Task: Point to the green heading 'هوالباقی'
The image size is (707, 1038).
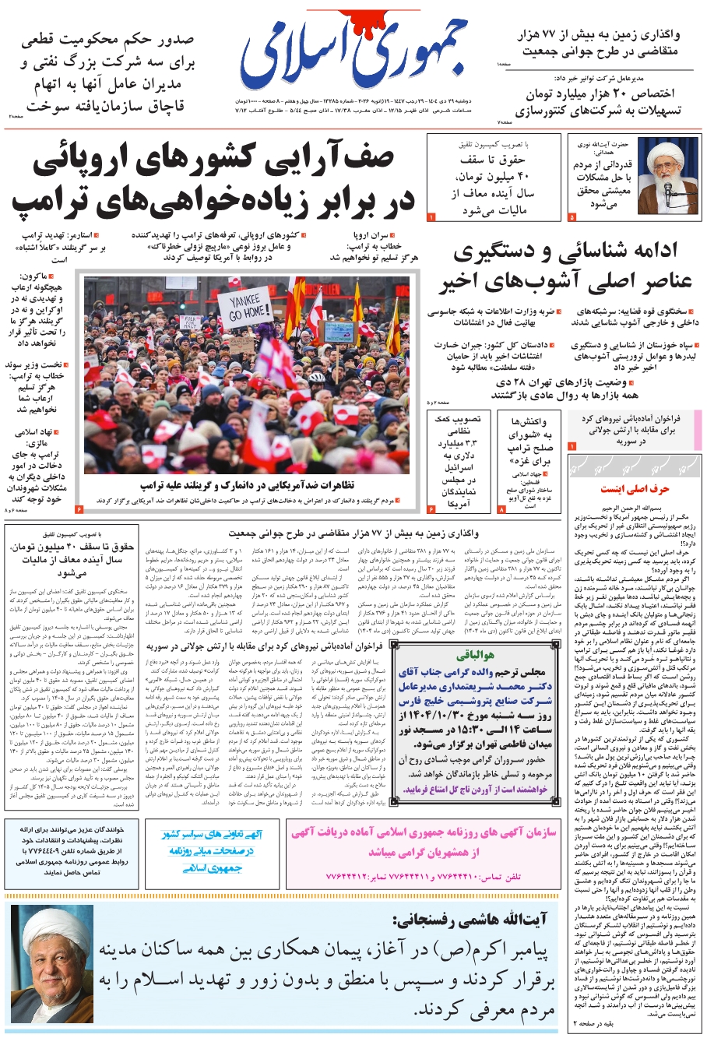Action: (477, 656)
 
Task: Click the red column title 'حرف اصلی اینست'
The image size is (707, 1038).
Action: (635, 489)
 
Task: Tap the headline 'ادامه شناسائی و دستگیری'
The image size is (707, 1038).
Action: (566, 252)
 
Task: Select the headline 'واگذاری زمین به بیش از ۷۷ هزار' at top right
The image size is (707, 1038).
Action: (599, 35)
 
